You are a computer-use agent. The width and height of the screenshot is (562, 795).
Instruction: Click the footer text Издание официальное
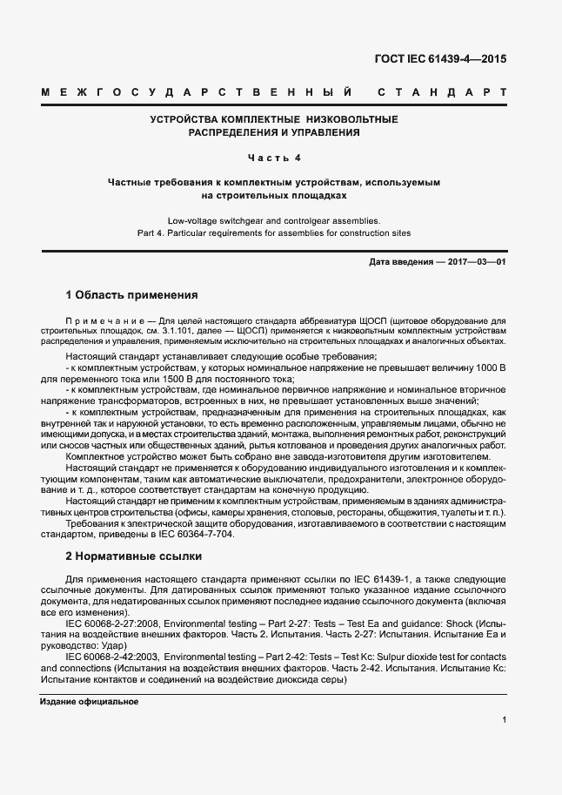click(90, 702)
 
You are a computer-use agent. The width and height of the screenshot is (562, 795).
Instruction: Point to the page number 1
click(505, 720)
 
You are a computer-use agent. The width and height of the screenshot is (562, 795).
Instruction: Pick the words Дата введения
click(398, 261)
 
